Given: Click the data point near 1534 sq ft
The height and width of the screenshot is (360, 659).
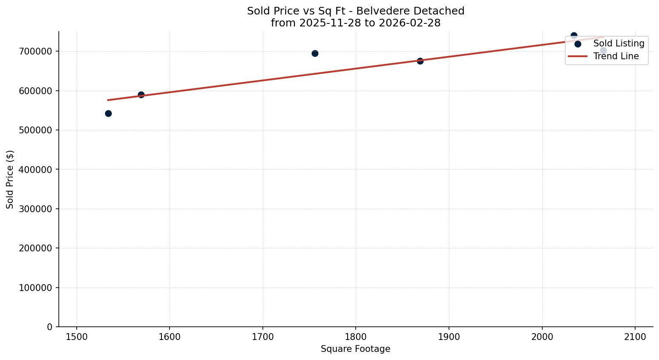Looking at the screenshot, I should (x=108, y=113).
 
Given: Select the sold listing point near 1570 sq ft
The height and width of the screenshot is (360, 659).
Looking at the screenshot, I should (x=141, y=95).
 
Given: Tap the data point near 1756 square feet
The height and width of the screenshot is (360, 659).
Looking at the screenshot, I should (x=315, y=53).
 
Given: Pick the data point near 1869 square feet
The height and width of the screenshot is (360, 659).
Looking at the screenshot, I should (x=420, y=61).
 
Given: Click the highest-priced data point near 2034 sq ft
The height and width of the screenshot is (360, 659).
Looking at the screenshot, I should (x=574, y=35).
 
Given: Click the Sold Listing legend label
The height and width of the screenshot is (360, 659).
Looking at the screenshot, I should (x=619, y=43).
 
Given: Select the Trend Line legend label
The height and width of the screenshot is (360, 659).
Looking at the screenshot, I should (x=616, y=56).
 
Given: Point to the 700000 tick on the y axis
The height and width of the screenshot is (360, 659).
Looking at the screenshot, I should (x=35, y=51).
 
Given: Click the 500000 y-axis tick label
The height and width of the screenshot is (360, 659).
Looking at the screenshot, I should (x=35, y=130).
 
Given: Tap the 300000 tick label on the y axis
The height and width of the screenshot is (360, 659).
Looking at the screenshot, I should (x=35, y=209).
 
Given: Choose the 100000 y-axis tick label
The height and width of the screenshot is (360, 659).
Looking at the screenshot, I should (x=35, y=288).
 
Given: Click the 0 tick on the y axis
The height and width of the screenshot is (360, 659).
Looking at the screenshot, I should (x=50, y=327).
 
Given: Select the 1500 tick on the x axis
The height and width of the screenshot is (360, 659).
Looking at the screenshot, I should (x=77, y=336).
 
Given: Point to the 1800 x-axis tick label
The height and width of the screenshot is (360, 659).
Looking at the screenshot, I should (x=356, y=336).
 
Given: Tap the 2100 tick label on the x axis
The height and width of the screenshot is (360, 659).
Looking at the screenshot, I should (x=635, y=336).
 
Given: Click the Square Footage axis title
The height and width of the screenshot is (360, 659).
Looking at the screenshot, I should (x=355, y=349).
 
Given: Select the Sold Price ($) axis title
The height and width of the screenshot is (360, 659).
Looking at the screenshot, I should (x=10, y=179).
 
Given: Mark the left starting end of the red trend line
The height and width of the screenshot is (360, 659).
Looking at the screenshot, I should (x=108, y=100).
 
